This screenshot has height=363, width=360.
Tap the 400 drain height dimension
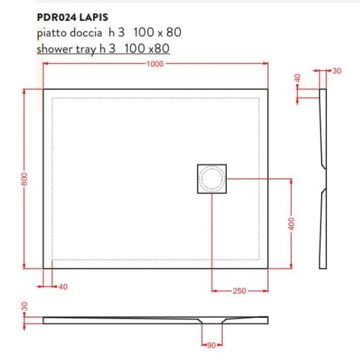click(291, 224)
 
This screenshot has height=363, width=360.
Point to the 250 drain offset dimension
click(239, 291)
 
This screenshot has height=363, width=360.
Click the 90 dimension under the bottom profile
click(211, 346)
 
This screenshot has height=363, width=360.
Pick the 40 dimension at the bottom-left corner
click(63, 287)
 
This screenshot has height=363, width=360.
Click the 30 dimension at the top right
click(337, 71)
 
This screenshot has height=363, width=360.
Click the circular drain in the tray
click(213, 179)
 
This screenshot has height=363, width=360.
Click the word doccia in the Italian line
click(85, 32)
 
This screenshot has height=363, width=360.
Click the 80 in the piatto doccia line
click(174, 32)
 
